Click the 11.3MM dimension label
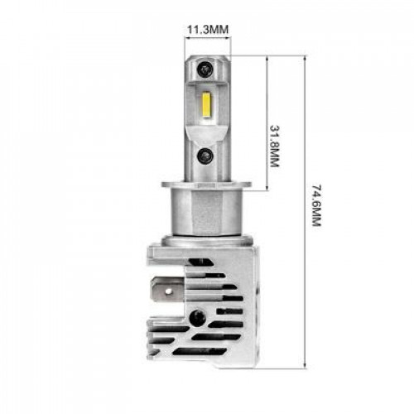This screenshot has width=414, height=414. pyautogui.click(x=208, y=29)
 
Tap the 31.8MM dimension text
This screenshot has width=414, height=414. pyautogui.click(x=274, y=146)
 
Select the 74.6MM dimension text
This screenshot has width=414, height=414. pyautogui.click(x=317, y=205)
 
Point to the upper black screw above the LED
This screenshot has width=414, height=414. pyautogui.click(x=205, y=69)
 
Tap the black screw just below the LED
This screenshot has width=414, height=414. pyautogui.click(x=205, y=156)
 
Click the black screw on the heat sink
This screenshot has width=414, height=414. pyautogui.click(x=198, y=317)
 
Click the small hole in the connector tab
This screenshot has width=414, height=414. pyautogui.click(x=168, y=291)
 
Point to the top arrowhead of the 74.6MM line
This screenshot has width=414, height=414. pyautogui.click(x=305, y=57)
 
